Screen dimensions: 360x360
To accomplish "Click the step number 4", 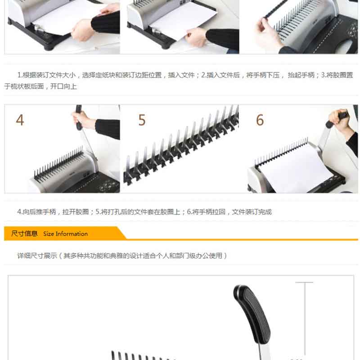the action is coord(20,120).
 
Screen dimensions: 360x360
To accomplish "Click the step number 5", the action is coord(142,120).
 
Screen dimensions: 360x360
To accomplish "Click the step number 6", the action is coord(260,120).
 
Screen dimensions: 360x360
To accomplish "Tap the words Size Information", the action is coord(65,234).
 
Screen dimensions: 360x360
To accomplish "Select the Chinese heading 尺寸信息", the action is coord(24,234).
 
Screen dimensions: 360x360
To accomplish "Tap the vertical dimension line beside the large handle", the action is coord(305,318).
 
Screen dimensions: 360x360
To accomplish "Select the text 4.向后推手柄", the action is coord(37,211).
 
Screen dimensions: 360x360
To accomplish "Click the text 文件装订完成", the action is coord(252,211).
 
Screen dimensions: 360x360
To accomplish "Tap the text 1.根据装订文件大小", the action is coord(47,75).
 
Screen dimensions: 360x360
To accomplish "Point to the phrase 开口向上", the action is coord(63,86).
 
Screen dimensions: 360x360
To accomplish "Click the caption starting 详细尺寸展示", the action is coord(122,256).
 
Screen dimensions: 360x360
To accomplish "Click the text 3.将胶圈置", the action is coord(337,75).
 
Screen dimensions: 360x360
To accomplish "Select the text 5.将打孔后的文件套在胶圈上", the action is coord(138,211).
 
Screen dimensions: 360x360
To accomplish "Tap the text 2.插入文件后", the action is coord(220,75).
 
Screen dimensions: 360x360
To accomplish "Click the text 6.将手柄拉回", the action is coord(206,211).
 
